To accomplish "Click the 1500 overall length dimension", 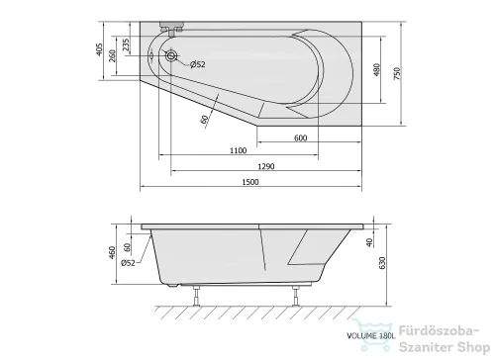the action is tap(250, 182).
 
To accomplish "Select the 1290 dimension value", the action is tap(266, 166).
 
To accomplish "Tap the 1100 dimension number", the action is tap(238, 150).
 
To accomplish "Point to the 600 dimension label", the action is tap(300, 137).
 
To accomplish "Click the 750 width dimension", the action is tap(397, 73).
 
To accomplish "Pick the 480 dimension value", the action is tap(377, 69).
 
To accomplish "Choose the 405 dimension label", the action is tap(99, 49).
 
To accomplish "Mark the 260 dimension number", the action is tap(113, 55).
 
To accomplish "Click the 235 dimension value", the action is tap(126, 45).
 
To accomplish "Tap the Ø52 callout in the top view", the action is tap(197, 64).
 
